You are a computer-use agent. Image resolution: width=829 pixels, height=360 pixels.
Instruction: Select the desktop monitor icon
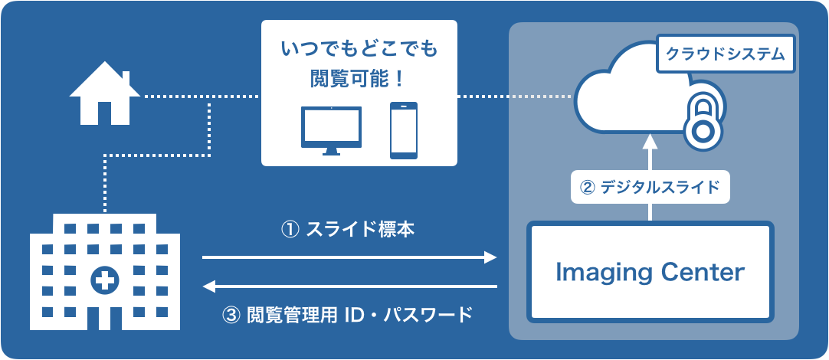coord(332,129)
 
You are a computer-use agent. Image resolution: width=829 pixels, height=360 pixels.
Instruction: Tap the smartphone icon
coord(405,130)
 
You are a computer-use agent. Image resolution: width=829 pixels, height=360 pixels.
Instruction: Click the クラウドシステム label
coord(725,54)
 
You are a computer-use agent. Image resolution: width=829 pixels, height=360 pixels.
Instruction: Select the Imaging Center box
coord(650,273)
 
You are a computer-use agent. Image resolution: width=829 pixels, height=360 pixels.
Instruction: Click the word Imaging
coord(601,273)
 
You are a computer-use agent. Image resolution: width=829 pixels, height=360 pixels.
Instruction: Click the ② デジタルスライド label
coord(650,187)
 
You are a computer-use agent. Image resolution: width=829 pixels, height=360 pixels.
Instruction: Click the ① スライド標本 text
coord(349,229)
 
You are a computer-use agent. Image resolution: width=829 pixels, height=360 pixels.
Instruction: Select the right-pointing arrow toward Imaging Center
coord(349,258)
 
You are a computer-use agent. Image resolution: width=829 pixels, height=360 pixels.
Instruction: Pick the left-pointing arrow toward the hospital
coord(349,287)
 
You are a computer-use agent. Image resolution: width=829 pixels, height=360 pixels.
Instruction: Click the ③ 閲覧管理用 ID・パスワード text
coord(349,315)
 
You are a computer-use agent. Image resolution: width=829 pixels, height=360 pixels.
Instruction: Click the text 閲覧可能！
coord(359,78)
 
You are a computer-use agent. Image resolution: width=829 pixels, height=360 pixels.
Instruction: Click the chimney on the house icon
coord(126,78)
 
